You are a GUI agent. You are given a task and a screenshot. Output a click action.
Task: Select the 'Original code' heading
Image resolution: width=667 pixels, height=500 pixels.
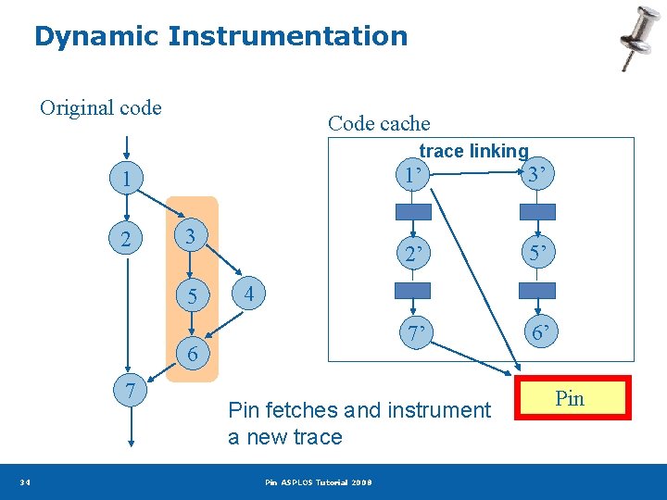(x=100, y=108)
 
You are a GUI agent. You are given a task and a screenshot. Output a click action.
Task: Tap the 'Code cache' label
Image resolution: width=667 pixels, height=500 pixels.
(x=379, y=123)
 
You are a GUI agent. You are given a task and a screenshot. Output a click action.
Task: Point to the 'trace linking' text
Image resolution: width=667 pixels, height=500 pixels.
(x=473, y=151)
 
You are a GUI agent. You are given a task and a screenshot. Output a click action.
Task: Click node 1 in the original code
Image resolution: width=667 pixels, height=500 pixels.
(x=126, y=179)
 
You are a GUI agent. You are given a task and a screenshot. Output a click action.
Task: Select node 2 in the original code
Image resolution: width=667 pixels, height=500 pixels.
(x=126, y=240)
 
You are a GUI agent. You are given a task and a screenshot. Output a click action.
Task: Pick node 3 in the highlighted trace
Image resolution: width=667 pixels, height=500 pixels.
(x=189, y=236)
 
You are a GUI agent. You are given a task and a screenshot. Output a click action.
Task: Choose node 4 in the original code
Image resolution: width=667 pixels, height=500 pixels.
(x=249, y=295)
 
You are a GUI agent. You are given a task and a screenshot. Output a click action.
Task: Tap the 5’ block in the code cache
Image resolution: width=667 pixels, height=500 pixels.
(x=537, y=253)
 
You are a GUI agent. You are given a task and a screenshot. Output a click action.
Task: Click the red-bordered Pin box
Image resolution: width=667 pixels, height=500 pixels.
(x=570, y=398)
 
